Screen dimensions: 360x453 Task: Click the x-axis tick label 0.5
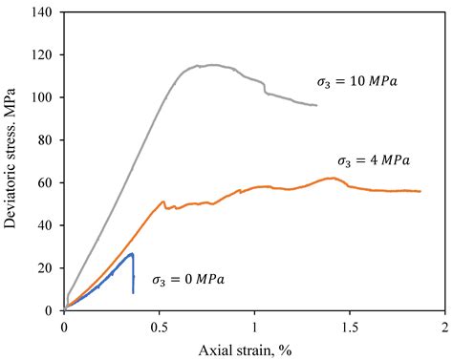(x=159, y=325)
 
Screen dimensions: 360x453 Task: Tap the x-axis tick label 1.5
(x=350, y=325)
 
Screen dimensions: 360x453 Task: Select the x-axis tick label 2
(x=445, y=325)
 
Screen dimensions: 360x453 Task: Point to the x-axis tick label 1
(x=254, y=325)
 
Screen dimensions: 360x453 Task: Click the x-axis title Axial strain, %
(x=254, y=348)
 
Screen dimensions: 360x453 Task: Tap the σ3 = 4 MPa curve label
(x=377, y=159)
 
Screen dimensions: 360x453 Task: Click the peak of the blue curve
(x=131, y=254)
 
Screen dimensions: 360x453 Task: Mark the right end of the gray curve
(x=316, y=105)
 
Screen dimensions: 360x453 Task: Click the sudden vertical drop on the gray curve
(x=264, y=88)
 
